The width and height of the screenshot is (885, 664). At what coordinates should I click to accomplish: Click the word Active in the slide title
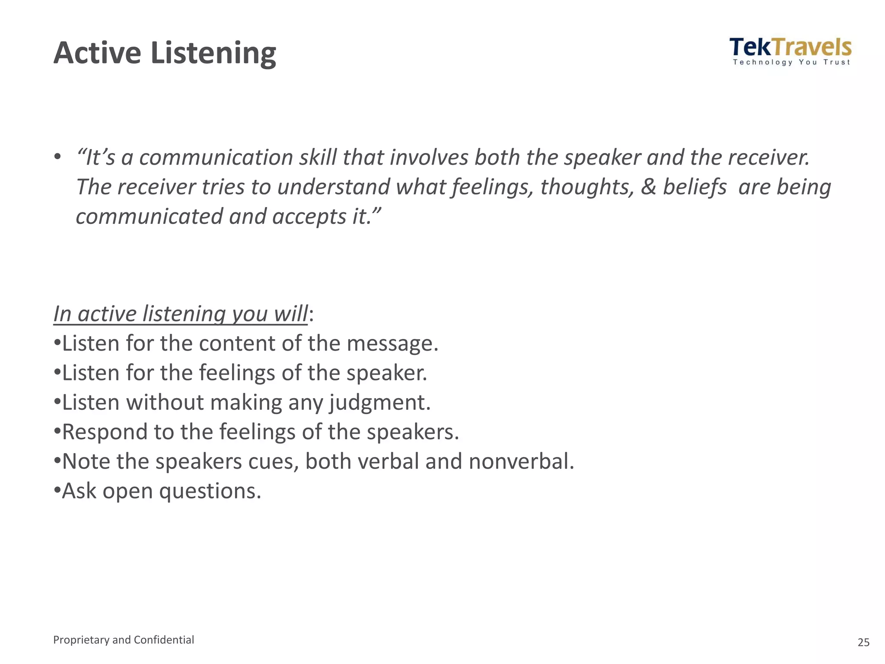pyautogui.click(x=97, y=53)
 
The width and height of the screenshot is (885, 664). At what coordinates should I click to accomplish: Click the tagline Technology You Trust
pyautogui.click(x=791, y=62)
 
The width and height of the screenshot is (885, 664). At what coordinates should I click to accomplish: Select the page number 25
pyautogui.click(x=863, y=642)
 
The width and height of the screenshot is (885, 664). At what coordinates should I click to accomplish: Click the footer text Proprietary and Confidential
pyautogui.click(x=124, y=640)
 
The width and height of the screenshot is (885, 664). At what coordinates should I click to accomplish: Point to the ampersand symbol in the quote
pyautogui.click(x=648, y=187)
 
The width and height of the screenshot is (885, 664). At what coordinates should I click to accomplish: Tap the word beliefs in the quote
pyautogui.click(x=694, y=187)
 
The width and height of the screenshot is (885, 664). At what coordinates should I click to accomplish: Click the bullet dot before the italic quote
pyautogui.click(x=57, y=156)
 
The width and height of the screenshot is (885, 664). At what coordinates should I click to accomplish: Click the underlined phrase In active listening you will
pyautogui.click(x=181, y=314)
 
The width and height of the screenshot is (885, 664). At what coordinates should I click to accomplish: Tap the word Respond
pyautogui.click(x=99, y=432)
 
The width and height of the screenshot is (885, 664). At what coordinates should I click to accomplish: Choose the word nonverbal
pyautogui.click(x=521, y=462)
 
